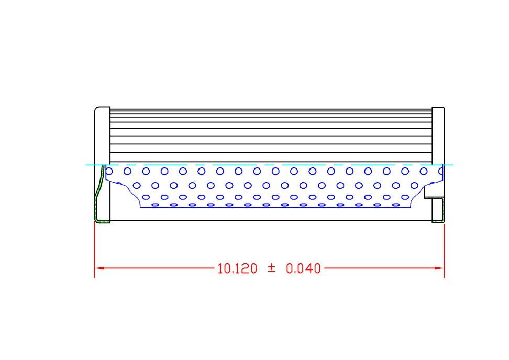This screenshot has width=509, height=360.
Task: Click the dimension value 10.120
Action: coord(237,268)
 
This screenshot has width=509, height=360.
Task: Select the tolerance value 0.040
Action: coord(303,268)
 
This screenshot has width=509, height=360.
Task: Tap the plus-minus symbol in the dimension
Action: coord(271,268)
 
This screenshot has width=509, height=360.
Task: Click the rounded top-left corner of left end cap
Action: coord(96,109)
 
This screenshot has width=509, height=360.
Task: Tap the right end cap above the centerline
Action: coord(438,136)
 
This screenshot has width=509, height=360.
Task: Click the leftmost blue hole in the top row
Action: coord(109,171)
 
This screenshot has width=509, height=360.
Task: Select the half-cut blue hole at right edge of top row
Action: coord(441,171)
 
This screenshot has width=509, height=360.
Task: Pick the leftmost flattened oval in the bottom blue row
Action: coord(155,205)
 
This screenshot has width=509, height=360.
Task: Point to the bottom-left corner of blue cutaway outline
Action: coord(140,207)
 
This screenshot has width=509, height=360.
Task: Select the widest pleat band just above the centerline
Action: coord(271,157)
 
